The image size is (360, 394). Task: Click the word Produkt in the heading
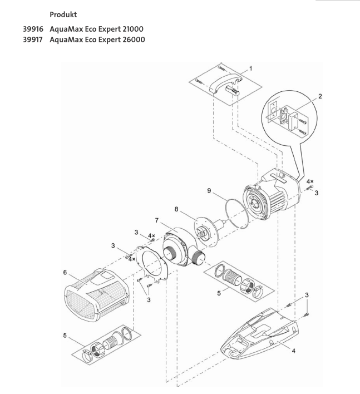pyautogui.click(x=64, y=12)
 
